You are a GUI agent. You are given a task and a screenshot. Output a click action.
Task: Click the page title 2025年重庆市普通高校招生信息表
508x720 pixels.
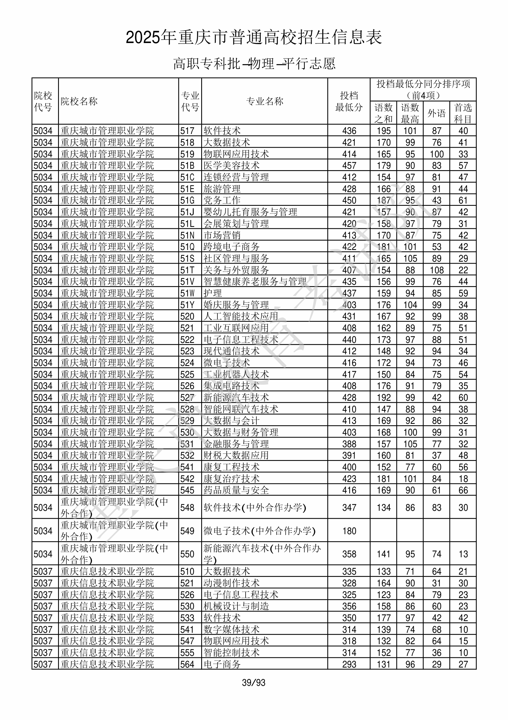point(254,38)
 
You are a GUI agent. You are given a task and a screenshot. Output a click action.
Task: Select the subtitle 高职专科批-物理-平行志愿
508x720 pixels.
point(254,64)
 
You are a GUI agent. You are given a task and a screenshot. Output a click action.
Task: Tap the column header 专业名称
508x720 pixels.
point(265,101)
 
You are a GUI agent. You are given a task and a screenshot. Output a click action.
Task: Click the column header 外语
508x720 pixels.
point(436,113)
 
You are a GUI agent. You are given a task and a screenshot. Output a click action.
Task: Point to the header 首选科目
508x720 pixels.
point(463,113)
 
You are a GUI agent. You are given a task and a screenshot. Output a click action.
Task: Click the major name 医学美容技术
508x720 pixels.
point(231,166)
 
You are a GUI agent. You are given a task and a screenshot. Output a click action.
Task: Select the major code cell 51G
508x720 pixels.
point(187,200)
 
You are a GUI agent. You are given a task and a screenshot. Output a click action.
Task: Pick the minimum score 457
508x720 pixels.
point(349,166)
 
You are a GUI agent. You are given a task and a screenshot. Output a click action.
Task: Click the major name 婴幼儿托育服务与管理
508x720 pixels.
point(250,212)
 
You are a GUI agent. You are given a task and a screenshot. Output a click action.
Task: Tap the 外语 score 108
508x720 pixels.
point(436,270)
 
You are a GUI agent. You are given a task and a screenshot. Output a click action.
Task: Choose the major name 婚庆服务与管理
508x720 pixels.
point(236,305)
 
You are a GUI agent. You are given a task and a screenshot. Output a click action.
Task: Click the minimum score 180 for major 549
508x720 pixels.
point(349,531)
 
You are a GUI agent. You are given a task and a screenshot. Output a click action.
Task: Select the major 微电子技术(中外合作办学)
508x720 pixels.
point(259,531)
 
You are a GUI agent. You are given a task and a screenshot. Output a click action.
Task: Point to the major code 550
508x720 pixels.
point(187,554)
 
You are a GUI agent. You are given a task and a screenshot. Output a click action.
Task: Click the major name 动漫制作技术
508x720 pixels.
point(231,583)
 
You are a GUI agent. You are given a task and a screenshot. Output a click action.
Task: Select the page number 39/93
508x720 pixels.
point(254,682)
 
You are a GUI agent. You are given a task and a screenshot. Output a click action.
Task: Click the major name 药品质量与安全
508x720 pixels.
point(236,490)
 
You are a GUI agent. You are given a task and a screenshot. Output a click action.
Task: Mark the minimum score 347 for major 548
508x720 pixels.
point(349,508)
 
